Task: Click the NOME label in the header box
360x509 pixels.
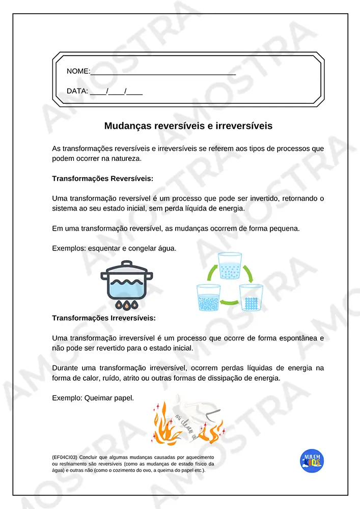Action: (78, 71)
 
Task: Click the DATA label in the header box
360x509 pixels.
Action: (77, 92)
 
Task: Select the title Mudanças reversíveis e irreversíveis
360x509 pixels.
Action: (188, 126)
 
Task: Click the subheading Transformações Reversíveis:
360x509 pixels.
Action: (102, 179)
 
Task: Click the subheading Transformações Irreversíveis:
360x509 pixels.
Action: (104, 318)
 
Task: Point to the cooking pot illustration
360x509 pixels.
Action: (126, 282)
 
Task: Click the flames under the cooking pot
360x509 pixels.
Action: (126, 305)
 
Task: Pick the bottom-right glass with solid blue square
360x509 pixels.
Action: (250, 299)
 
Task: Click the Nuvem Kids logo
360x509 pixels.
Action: (312, 461)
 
